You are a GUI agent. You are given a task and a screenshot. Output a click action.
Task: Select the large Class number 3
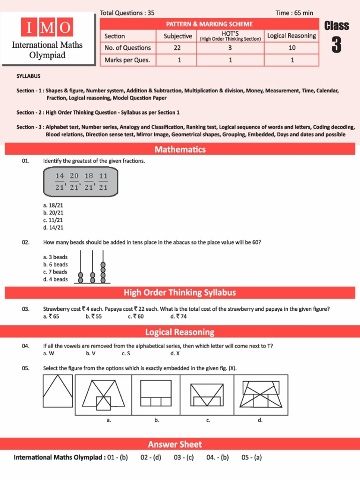coord(336,45)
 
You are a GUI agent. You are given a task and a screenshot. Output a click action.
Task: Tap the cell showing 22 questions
coord(178,48)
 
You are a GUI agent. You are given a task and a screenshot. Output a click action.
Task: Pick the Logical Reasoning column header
coord(292,36)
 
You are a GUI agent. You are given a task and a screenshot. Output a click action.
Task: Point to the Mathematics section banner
coord(180,150)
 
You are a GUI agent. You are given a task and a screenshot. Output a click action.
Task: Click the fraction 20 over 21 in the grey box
coord(74,181)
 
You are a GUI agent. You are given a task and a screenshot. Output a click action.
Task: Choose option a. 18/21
coord(52,205)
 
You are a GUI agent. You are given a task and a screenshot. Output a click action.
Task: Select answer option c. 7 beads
coord(55,272)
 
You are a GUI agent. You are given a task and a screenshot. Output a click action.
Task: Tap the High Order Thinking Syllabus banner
coord(180,293)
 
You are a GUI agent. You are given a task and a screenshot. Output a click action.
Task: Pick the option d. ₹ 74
coord(179,316)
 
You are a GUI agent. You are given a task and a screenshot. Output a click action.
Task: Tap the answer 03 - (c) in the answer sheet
coord(184,457)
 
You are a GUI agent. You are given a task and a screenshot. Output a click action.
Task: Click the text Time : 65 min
coord(294,13)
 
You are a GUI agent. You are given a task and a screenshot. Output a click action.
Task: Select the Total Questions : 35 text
coord(127,13)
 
